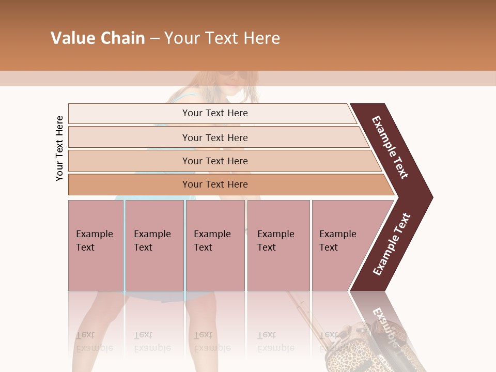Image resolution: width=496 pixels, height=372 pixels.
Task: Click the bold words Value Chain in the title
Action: point(98,38)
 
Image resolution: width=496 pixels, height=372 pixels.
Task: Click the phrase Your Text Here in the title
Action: point(222,38)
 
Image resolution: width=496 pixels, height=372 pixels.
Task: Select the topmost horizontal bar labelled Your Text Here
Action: point(215,113)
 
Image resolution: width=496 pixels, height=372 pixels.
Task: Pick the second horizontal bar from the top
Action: point(215,137)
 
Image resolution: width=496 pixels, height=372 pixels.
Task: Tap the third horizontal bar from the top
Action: point(215,161)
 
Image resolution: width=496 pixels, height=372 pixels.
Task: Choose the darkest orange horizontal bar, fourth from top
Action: point(215,184)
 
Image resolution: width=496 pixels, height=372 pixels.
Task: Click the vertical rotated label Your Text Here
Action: point(59,149)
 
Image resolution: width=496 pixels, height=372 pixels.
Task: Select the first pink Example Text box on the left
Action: point(96,245)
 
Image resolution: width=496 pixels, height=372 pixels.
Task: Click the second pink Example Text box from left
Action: point(154,245)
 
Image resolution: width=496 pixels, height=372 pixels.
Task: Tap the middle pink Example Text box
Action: point(215,245)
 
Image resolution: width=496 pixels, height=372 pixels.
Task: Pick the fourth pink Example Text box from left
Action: point(278,245)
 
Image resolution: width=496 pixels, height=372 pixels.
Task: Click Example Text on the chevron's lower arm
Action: point(391,244)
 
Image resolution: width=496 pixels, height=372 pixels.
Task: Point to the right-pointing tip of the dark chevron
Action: point(431,197)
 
